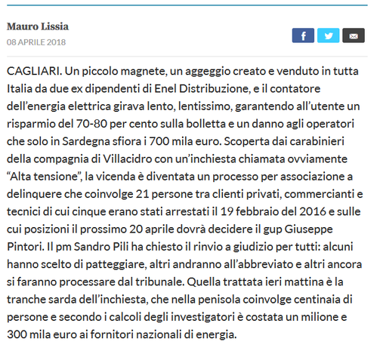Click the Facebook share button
click(303, 35)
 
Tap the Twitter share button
click(328, 35)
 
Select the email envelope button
click(353, 35)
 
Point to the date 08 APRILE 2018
click(36, 42)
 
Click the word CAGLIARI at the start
click(32, 70)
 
